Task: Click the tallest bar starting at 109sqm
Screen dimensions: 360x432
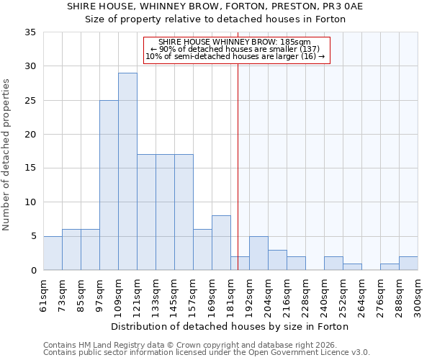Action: (x=127, y=171)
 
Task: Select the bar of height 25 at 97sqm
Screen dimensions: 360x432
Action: (x=109, y=185)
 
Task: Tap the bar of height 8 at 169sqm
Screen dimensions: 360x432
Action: (x=221, y=243)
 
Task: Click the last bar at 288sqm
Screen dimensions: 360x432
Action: (x=408, y=263)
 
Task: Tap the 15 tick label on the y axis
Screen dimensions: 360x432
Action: (x=30, y=168)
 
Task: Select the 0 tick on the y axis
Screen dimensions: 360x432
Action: (x=33, y=270)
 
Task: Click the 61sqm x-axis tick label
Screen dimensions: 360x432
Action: (x=44, y=293)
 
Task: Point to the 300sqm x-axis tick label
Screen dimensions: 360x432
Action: (x=418, y=294)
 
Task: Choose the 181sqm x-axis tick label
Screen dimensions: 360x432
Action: (x=231, y=294)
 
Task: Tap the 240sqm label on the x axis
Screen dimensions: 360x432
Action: (x=325, y=294)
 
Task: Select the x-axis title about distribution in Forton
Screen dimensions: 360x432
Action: (x=230, y=326)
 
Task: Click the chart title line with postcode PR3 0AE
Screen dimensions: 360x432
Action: (x=215, y=6)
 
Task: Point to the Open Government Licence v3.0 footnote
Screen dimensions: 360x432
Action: (x=207, y=352)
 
